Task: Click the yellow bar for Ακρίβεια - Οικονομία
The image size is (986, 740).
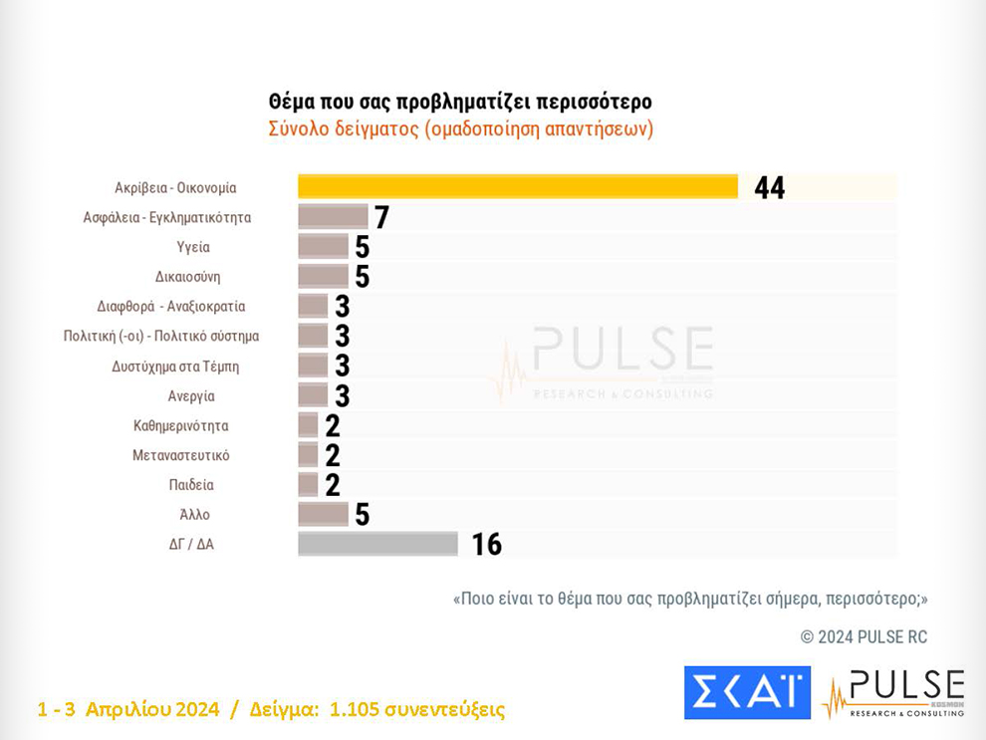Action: point(518,187)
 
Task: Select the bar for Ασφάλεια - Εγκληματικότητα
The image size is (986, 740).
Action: point(333,217)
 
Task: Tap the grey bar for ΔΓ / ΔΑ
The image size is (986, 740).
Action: point(377,544)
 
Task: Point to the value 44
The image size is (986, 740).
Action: point(770,187)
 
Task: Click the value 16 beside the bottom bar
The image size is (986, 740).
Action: point(486,544)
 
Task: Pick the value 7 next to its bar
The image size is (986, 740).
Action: point(380,217)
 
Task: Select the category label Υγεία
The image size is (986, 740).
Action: point(193,247)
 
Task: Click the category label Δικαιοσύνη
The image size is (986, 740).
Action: point(187,277)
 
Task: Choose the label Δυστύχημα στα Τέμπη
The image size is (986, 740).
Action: point(175,367)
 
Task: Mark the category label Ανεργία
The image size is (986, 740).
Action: point(191,396)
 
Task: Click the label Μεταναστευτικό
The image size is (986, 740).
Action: point(181,455)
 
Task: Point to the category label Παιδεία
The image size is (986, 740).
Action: point(191,485)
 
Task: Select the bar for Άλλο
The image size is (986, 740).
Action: point(323,514)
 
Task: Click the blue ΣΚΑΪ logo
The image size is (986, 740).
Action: point(746,692)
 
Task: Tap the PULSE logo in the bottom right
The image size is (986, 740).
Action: point(893,693)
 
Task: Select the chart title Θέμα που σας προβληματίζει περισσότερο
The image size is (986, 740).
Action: point(460,103)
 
